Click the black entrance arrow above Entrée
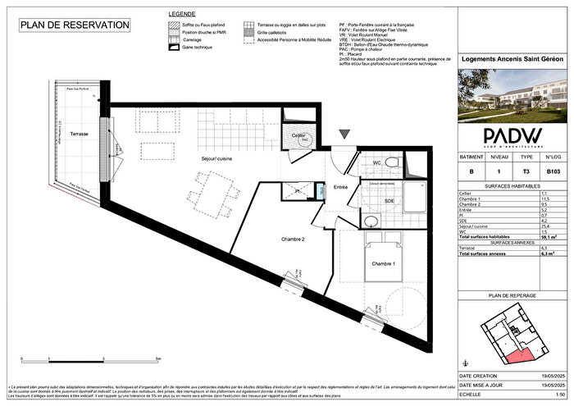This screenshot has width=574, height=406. tap(344, 135)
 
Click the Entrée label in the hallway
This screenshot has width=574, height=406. tap(341, 189)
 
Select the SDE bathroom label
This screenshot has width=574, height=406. tap(389, 201)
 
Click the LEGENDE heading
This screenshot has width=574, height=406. tap(181, 15)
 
